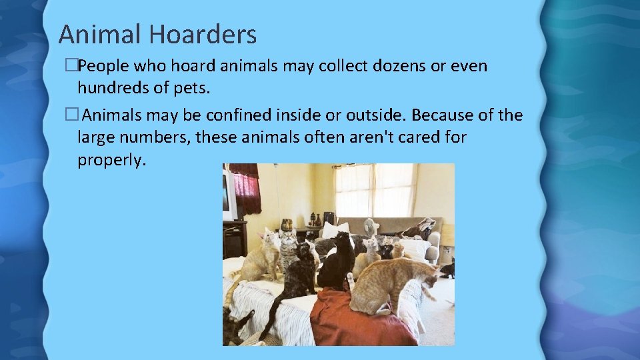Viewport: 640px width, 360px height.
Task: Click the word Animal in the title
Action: (100, 34)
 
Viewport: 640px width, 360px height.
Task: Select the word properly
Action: (110, 160)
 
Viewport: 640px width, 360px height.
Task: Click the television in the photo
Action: (229, 196)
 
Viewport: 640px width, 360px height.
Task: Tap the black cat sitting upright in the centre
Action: (338, 261)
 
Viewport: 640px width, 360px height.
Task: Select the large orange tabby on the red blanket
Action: (390, 283)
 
